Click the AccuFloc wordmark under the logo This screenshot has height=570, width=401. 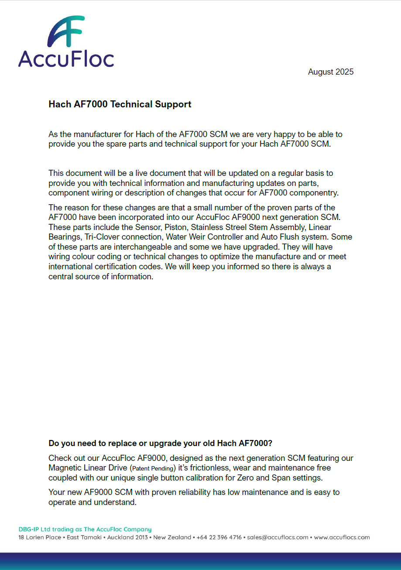coord(66,58)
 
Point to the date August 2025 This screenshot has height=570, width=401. coord(330,72)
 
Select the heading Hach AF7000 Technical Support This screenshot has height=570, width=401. coord(120,104)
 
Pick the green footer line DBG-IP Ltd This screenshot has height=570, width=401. coord(85,529)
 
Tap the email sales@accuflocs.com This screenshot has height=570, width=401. coord(278,537)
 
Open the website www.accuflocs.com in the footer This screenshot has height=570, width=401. coord(342,537)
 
